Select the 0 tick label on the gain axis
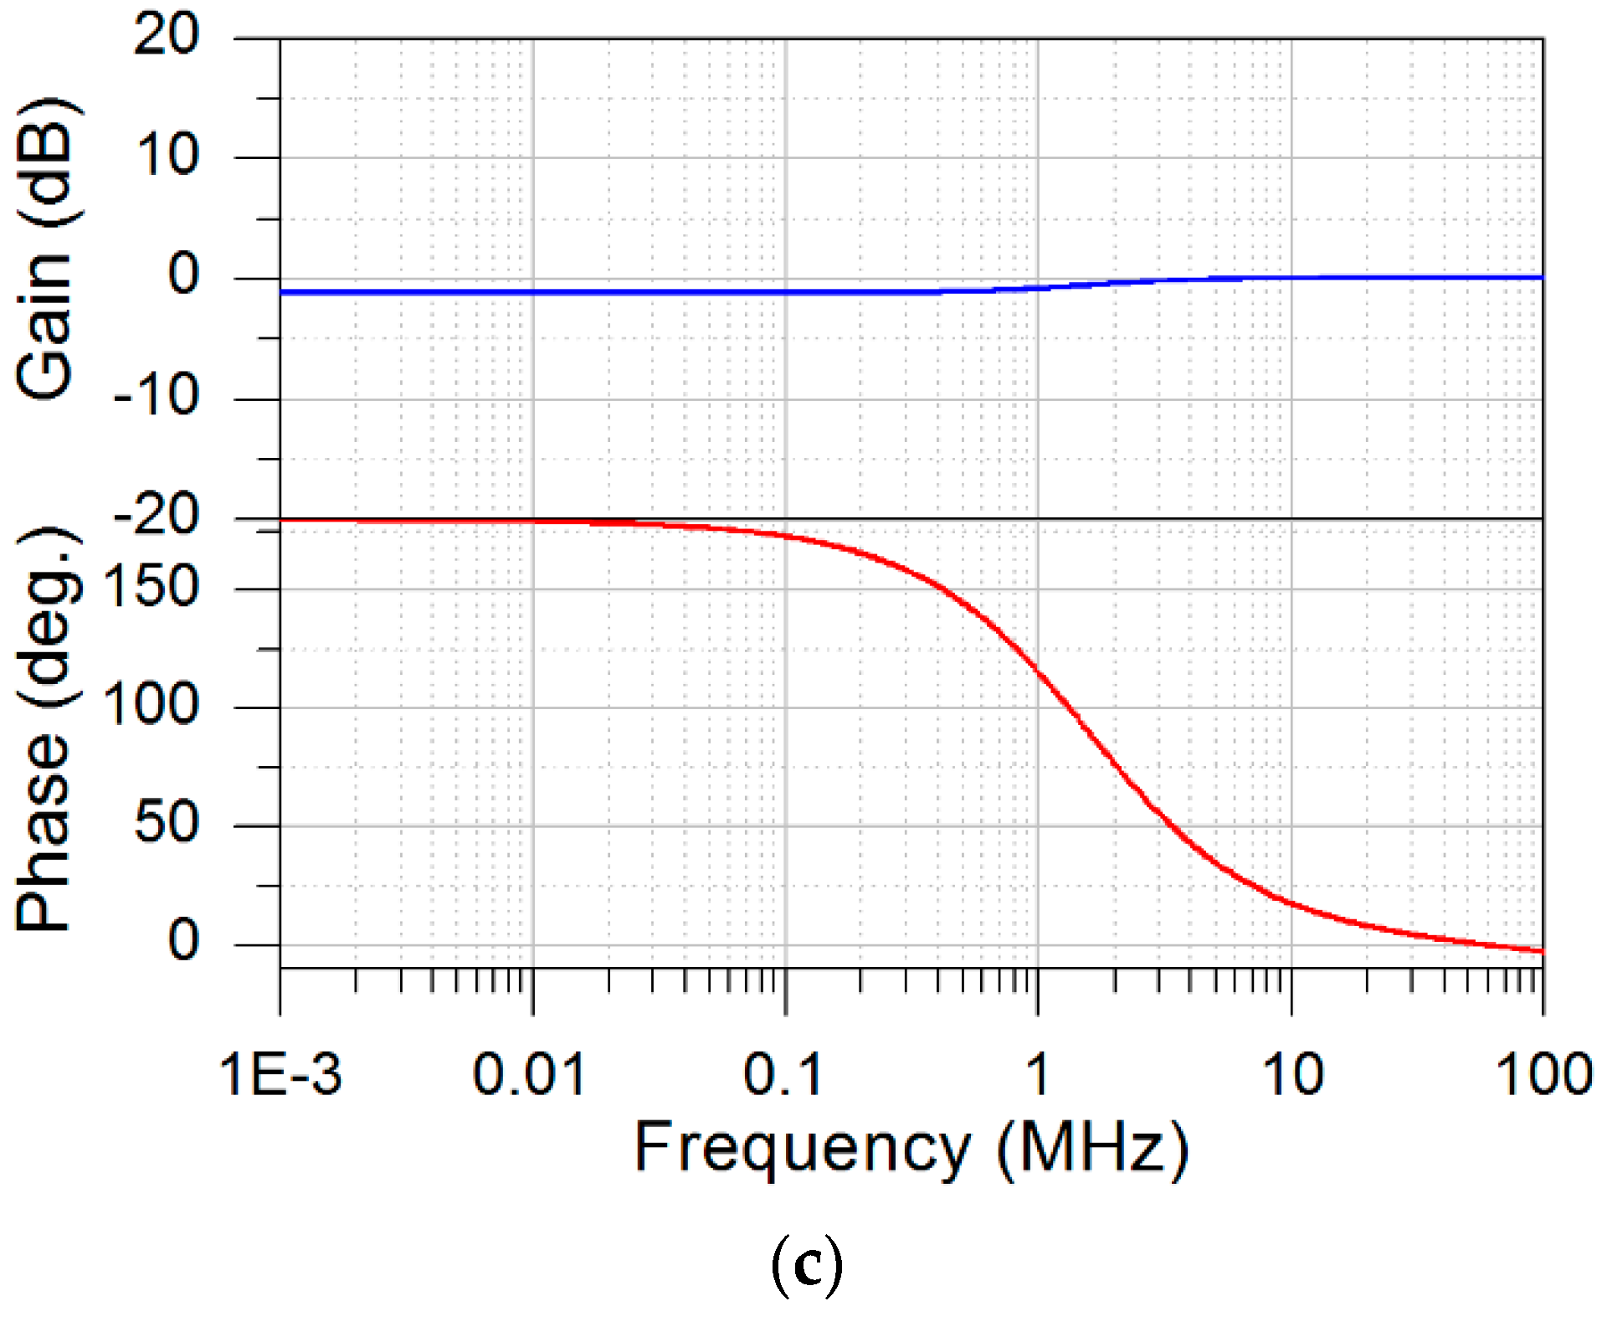click(183, 275)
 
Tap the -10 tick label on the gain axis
click(157, 396)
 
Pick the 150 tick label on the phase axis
click(151, 587)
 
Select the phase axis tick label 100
click(151, 705)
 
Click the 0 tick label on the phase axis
click(183, 941)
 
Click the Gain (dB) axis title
click(49, 249)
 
